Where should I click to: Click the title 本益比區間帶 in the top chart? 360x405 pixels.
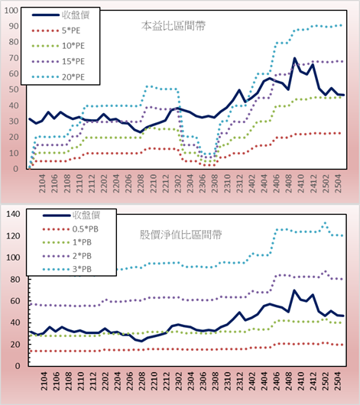click(174, 26)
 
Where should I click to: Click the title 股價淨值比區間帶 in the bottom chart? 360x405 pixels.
click(180, 235)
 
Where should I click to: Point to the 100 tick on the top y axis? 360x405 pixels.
click(11, 11)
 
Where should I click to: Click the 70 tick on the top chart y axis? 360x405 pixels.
click(14, 58)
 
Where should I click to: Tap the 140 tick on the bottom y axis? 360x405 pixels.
click(13, 214)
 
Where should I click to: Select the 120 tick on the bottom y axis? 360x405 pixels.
click(13, 236)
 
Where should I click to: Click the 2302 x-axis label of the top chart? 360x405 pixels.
click(178, 183)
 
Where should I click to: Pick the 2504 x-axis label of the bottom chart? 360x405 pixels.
click(338, 381)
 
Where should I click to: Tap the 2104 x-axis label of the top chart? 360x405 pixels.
click(42, 183)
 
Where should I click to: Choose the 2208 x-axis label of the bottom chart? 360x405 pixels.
click(141, 381)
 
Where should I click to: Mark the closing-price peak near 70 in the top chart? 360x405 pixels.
click(294, 58)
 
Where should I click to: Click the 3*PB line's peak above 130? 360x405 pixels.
click(325, 223)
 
